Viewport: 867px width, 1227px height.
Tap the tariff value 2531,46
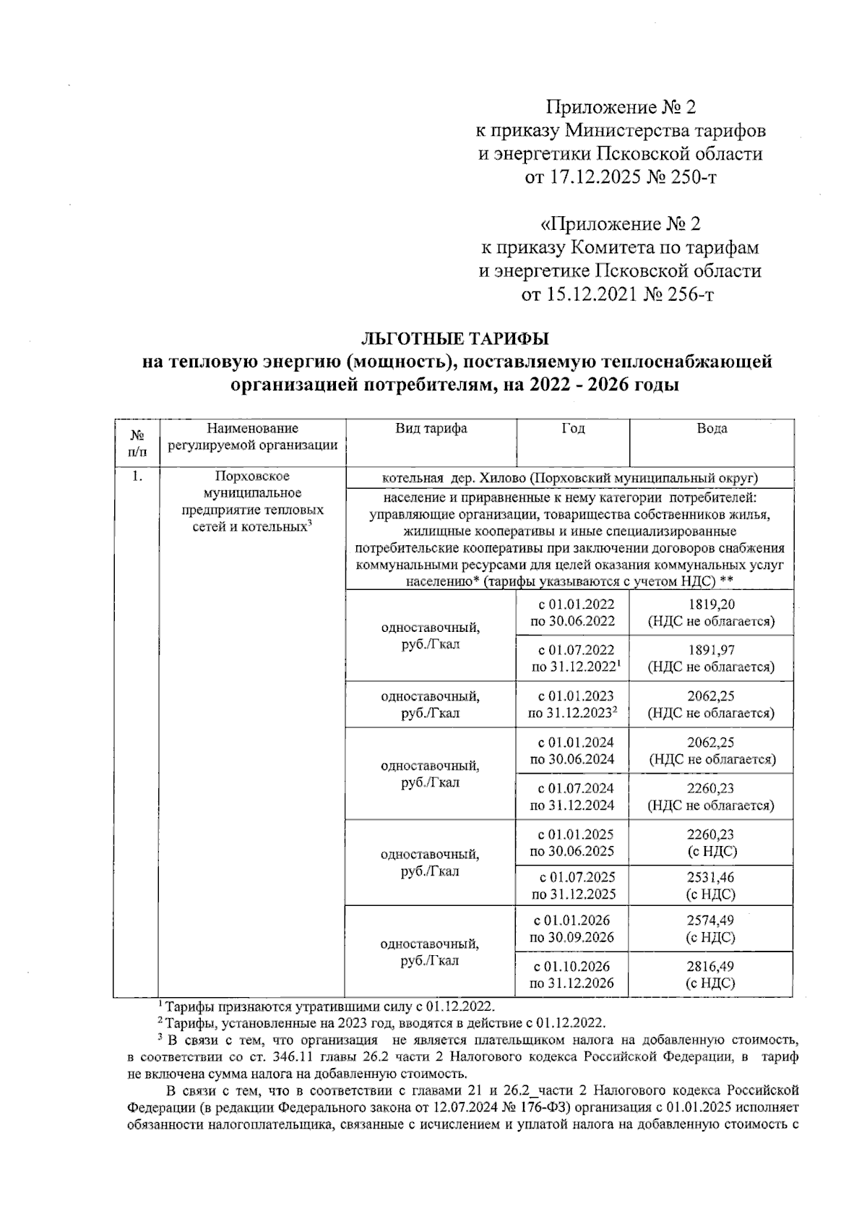click(x=711, y=877)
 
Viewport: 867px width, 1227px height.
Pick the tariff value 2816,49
click(x=711, y=967)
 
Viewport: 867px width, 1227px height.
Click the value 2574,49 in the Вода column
click(x=711, y=921)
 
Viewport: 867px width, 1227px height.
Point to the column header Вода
click(x=712, y=429)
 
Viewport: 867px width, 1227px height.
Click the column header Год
click(x=573, y=429)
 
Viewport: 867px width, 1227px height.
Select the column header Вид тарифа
click(x=431, y=429)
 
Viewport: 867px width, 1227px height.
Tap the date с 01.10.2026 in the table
click(x=572, y=967)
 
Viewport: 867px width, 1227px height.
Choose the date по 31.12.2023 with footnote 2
click(x=572, y=714)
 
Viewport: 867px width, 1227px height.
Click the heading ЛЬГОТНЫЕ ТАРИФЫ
click(x=455, y=338)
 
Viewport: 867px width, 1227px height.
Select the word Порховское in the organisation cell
click(x=252, y=476)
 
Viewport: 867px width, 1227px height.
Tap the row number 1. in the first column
click(x=137, y=476)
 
